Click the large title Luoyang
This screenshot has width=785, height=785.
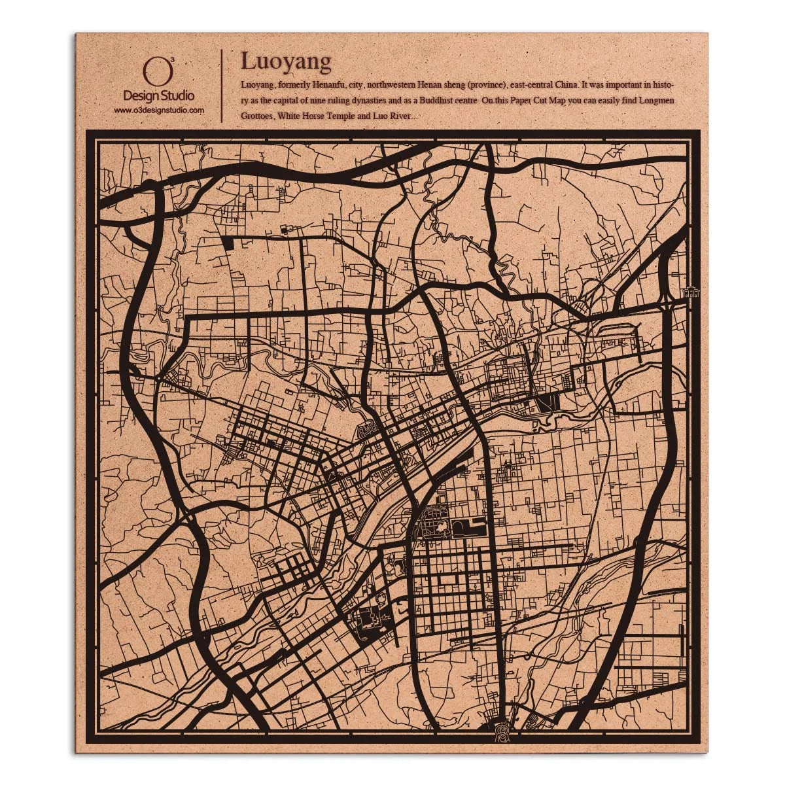click(286, 61)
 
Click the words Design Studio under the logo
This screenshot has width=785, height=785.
click(158, 96)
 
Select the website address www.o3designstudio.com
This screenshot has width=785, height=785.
click(159, 111)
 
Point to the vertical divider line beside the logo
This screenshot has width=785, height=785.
click(222, 85)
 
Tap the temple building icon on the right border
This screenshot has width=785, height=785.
click(690, 292)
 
